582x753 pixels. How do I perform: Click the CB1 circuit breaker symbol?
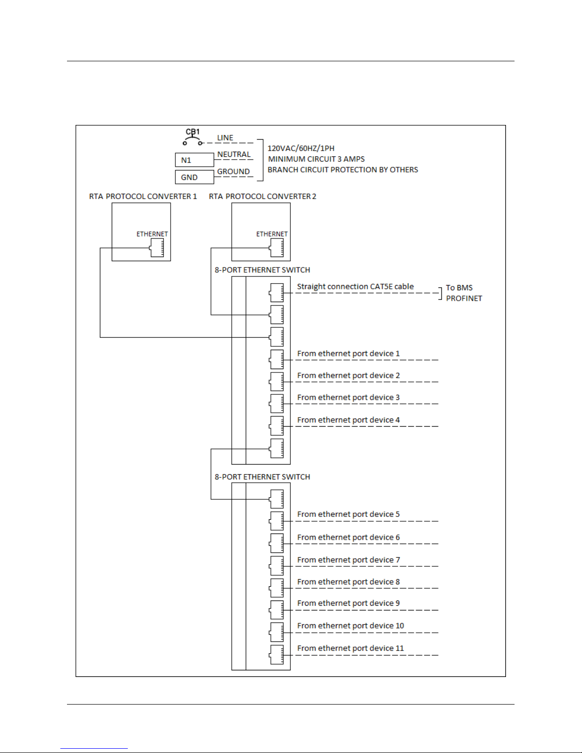192,140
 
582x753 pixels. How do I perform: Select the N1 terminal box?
194,160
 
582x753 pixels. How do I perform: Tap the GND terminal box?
194,177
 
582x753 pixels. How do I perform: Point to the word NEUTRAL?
233,154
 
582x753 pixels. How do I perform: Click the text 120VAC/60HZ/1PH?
301,148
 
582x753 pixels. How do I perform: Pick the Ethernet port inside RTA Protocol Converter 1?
157,248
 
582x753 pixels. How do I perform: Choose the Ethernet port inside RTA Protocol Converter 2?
277,248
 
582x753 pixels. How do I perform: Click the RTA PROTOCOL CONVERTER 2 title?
262,197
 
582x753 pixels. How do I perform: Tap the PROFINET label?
464,298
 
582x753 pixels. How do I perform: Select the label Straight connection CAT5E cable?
355,286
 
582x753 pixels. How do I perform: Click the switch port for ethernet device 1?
277,359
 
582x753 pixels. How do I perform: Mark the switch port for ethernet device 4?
277,426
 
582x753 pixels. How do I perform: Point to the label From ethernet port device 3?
348,398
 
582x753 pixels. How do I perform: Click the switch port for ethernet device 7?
277,565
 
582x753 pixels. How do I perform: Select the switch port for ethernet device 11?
277,655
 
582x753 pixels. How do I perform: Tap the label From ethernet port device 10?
350,626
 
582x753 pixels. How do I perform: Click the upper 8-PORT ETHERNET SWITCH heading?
262,270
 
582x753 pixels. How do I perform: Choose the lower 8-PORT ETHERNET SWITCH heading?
262,477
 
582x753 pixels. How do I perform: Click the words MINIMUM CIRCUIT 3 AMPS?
316,159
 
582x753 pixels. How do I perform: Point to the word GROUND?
233,172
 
